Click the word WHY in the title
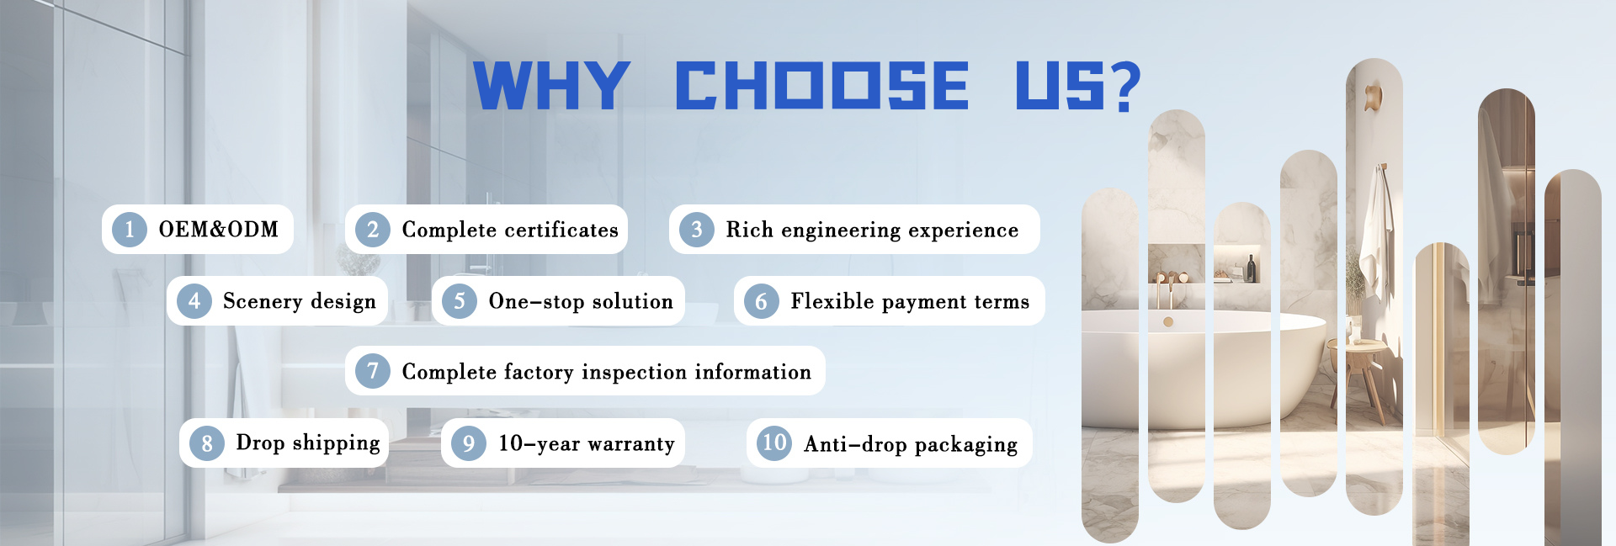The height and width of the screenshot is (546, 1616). point(552,85)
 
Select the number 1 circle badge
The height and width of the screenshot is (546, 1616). point(129,230)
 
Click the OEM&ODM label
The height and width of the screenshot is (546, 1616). point(218,229)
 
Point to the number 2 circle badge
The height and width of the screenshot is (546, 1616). point(373,230)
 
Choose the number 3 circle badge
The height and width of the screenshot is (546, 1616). point(697,230)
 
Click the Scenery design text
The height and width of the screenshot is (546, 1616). point(299,302)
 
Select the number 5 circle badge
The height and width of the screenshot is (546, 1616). point(460,301)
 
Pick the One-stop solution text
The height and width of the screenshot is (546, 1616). point(581,302)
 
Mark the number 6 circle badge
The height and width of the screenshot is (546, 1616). point(762,301)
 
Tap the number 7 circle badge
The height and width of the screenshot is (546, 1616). point(373,371)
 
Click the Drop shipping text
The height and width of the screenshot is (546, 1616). point(308,443)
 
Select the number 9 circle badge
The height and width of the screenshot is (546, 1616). point(469,443)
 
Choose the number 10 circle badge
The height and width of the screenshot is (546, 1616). point(774,443)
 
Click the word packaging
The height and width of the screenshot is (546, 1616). point(965,445)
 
